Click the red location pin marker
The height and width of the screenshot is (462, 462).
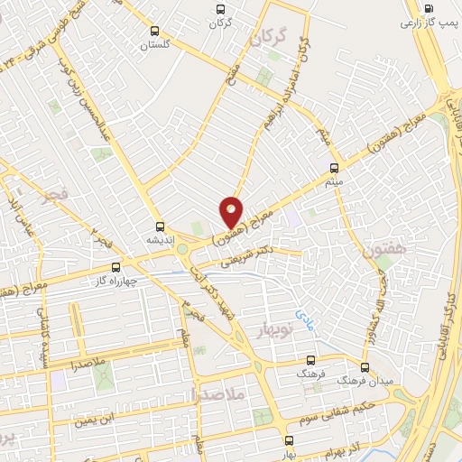coord(232,211)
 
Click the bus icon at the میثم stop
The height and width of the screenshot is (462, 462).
coord(335,168)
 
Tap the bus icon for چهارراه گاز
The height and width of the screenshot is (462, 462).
coord(115,267)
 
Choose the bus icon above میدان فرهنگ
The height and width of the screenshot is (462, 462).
coord(365,367)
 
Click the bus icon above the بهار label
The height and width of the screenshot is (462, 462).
coord(289,440)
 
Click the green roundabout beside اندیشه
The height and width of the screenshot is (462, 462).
coord(183,248)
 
